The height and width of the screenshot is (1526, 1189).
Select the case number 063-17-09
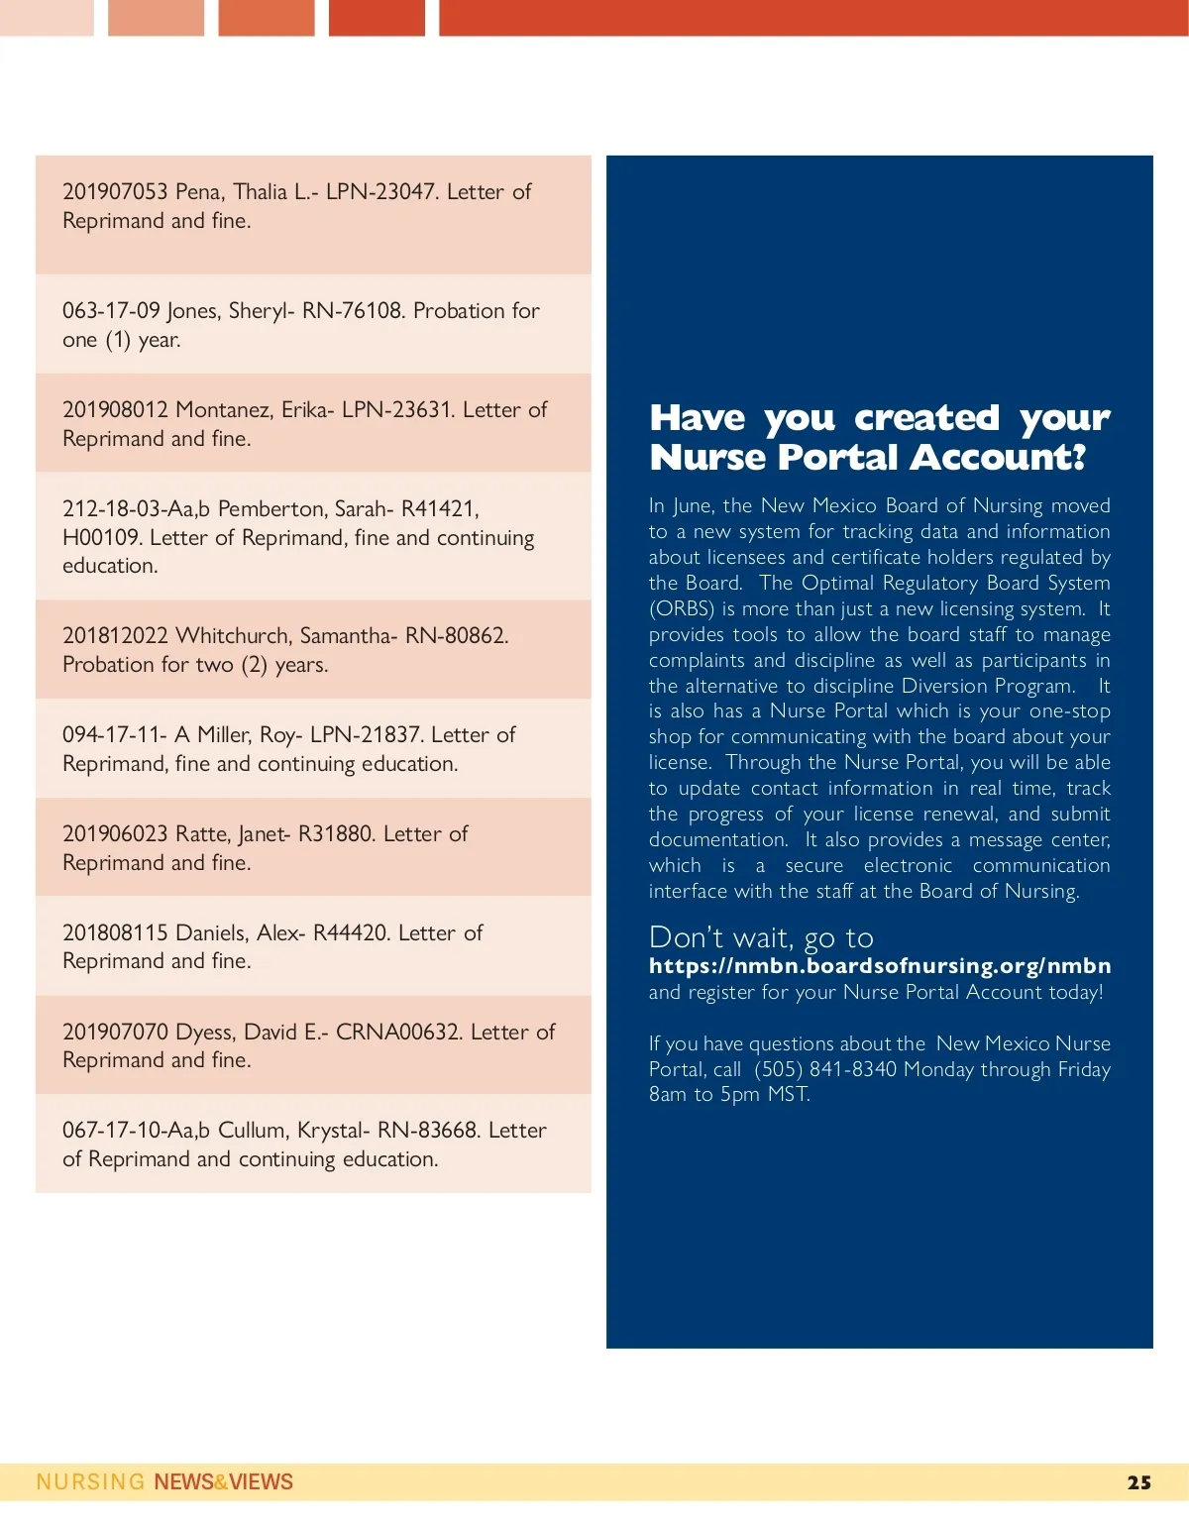point(111,311)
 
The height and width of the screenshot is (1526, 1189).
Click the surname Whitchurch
point(234,636)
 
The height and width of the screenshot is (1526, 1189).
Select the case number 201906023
point(115,834)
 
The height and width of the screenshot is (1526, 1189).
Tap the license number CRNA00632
point(398,1033)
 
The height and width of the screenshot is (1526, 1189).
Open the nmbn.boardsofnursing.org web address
point(880,966)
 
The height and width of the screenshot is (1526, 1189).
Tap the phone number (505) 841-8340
point(825,1070)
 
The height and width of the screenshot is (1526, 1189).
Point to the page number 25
point(1139,1483)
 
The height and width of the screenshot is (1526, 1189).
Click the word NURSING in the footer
point(90,1482)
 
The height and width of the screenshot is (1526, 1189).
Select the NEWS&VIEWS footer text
point(224,1482)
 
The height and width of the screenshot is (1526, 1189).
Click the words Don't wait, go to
point(761,937)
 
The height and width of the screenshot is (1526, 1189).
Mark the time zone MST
point(788,1095)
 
